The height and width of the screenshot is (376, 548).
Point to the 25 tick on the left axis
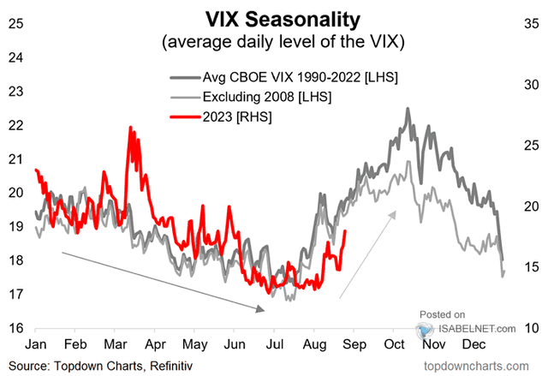coord(15,23)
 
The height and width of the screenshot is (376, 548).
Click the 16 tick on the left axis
coord(15,328)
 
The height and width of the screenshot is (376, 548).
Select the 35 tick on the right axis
coord(532,23)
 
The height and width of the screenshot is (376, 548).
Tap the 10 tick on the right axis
coord(532,328)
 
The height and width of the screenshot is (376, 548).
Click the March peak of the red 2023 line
coord(130,128)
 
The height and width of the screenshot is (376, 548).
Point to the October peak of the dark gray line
coord(408,109)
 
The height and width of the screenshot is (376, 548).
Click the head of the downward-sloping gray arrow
coord(266,310)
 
